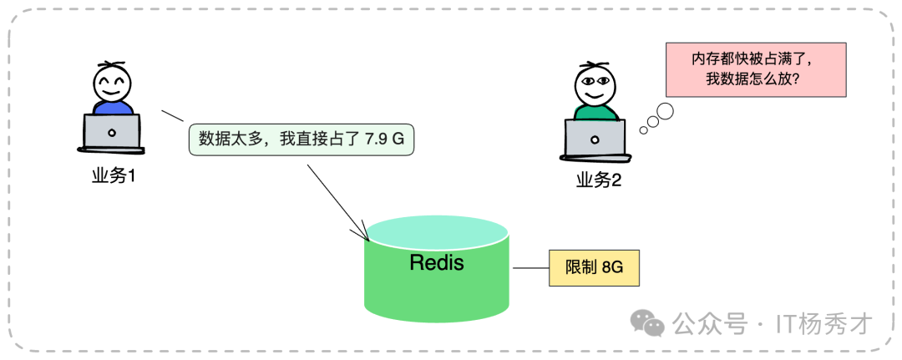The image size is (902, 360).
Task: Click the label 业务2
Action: [598, 180]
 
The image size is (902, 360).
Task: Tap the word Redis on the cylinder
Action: [437, 262]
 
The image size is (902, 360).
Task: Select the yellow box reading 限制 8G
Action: [586, 268]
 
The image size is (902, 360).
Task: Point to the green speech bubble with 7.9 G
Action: [301, 139]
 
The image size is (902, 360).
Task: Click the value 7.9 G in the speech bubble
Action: [384, 139]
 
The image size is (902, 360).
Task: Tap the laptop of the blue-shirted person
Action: [112, 132]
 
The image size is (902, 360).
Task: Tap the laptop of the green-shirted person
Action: [595, 138]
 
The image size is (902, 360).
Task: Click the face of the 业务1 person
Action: [112, 84]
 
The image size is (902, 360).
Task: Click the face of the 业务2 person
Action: [595, 86]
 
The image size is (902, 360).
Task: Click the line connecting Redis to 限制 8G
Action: [530, 268]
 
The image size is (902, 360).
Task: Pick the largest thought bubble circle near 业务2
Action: [666, 110]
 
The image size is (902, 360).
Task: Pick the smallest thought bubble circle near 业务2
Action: [642, 129]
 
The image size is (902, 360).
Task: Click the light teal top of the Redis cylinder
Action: [438, 230]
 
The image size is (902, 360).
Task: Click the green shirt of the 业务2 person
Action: [595, 113]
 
